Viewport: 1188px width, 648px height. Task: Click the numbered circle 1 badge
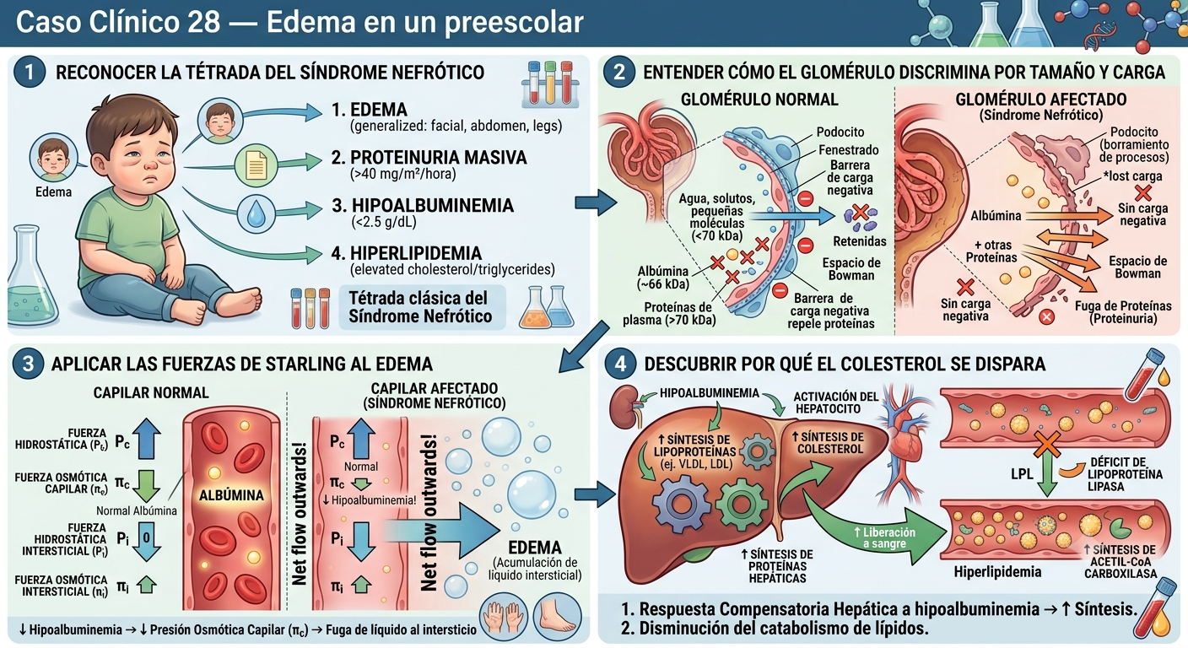click(30, 72)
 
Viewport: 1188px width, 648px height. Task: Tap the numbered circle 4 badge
click(620, 364)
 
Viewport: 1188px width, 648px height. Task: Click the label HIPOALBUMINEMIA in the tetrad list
click(433, 205)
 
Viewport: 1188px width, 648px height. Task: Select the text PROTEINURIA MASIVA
click(439, 158)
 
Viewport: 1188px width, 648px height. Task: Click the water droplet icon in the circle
click(256, 215)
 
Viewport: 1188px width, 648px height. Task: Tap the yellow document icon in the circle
click(256, 165)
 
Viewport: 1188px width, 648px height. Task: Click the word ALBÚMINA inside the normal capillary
click(231, 495)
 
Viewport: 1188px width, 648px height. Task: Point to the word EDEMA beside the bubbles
click(535, 548)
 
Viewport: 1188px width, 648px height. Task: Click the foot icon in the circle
click(557, 617)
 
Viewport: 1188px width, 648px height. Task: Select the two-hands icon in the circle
click(504, 617)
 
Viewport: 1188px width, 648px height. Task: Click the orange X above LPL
click(1046, 444)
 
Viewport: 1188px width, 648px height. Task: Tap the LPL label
click(1022, 473)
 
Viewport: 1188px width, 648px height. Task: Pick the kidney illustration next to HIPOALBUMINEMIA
click(624, 408)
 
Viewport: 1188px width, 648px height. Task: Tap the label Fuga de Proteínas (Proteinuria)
click(1123, 312)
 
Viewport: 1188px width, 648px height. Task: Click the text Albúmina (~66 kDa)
click(663, 278)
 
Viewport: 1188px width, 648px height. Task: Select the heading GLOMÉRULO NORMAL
click(759, 100)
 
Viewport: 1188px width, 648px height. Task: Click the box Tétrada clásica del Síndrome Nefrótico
click(422, 308)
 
